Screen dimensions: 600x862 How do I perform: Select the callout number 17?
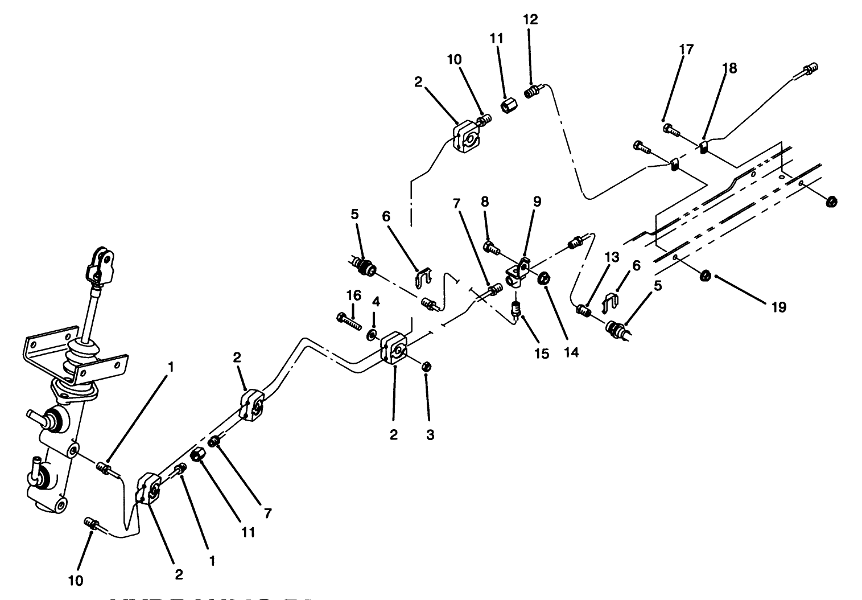tap(686, 50)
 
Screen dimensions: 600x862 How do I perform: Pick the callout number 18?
tap(729, 68)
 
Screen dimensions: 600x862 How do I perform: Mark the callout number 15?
tap(542, 354)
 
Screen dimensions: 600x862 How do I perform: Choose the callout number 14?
tap(571, 352)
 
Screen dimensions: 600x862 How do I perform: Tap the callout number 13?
tap(611, 257)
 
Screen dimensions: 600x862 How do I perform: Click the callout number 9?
tap(537, 202)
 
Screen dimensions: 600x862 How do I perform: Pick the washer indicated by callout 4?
tap(373, 333)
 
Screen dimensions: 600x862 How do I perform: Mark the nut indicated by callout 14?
tap(543, 278)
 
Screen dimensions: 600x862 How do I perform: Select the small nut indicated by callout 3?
tap(425, 365)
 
